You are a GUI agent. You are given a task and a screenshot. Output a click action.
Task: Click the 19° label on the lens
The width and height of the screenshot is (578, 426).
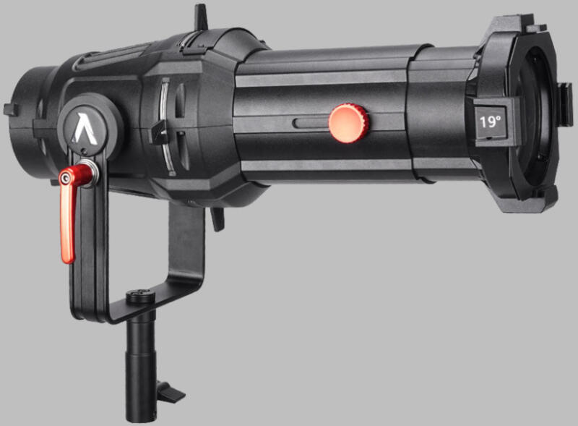coord(490,122)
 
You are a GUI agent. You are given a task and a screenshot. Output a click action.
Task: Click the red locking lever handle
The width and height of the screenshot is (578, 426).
coord(71,213)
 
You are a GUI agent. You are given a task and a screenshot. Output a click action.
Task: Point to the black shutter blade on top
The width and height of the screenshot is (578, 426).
coord(201,17)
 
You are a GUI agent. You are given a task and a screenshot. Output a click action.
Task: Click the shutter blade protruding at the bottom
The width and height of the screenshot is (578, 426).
coord(217,219)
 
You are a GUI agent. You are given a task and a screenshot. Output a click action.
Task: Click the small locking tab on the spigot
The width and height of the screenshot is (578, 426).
coord(171,393)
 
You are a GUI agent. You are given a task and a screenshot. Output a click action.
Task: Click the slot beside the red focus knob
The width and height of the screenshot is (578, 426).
coord(311,123)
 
